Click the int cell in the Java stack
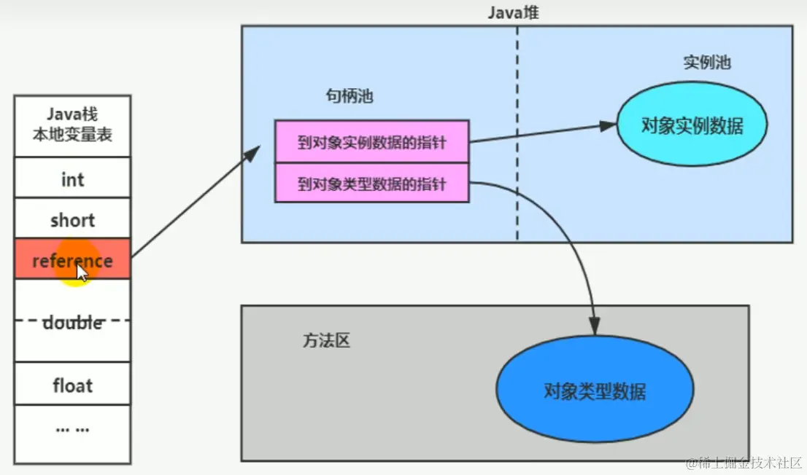[72, 178]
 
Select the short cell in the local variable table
[72, 219]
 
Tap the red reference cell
[72, 259]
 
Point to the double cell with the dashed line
[72, 321]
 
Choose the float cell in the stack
[72, 384]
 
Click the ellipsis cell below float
[72, 430]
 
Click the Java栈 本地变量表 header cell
[72, 125]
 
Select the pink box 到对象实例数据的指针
[371, 141]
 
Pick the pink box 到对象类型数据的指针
[371, 183]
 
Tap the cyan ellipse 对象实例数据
[692, 125]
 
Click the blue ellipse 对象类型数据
[595, 391]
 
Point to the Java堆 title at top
[514, 12]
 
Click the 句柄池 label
[350, 95]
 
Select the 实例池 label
[706, 62]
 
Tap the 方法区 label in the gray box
[326, 340]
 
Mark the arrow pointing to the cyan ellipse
[543, 133]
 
